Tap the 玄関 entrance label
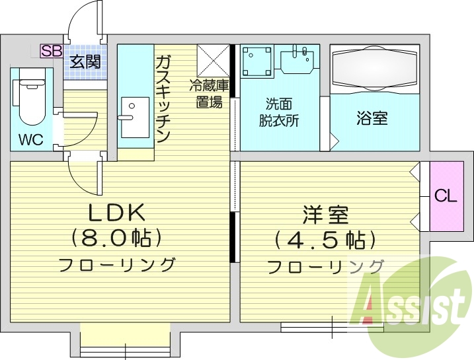(86, 62)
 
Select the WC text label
(30, 140)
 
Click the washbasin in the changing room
(298, 61)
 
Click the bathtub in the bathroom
(374, 67)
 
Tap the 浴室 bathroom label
(372, 118)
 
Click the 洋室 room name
(326, 215)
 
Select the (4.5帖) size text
(326, 240)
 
